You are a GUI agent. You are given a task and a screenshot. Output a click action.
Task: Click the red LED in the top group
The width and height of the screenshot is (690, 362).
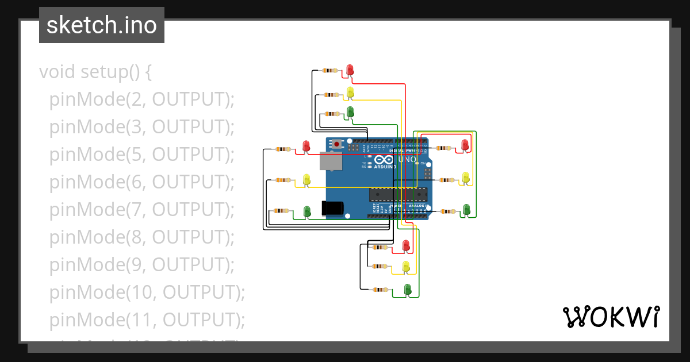pyautogui.click(x=350, y=70)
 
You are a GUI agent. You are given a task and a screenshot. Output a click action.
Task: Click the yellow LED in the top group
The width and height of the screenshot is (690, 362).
pyautogui.click(x=350, y=91)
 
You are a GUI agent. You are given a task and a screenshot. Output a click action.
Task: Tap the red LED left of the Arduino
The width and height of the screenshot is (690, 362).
pyautogui.click(x=306, y=146)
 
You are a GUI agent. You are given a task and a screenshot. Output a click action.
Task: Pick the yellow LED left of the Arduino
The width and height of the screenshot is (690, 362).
pyautogui.click(x=306, y=179)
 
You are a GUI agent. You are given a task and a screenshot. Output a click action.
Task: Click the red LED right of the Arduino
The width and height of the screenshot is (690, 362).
pyautogui.click(x=465, y=145)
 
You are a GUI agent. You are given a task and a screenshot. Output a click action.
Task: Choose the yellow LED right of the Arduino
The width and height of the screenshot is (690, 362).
pyautogui.click(x=466, y=177)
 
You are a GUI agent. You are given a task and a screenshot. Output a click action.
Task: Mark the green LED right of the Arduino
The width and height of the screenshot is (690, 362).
pyautogui.click(x=466, y=209)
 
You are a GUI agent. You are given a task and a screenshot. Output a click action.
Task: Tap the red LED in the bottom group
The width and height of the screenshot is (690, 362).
pyautogui.click(x=406, y=245)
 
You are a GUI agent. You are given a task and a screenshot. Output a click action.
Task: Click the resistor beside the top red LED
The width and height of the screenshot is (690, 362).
pyautogui.click(x=329, y=70)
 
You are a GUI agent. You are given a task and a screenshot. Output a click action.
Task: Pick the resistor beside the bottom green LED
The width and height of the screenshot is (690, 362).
pyautogui.click(x=380, y=290)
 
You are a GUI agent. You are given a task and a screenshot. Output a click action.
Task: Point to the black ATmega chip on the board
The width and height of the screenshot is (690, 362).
pyautogui.click(x=398, y=194)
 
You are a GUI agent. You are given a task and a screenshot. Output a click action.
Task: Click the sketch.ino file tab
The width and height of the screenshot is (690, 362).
pyautogui.click(x=102, y=25)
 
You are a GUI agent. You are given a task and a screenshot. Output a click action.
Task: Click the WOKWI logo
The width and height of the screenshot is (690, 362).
pyautogui.click(x=611, y=317)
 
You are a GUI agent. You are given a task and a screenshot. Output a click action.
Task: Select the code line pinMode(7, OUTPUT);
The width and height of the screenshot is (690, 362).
pyautogui.click(x=141, y=209)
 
